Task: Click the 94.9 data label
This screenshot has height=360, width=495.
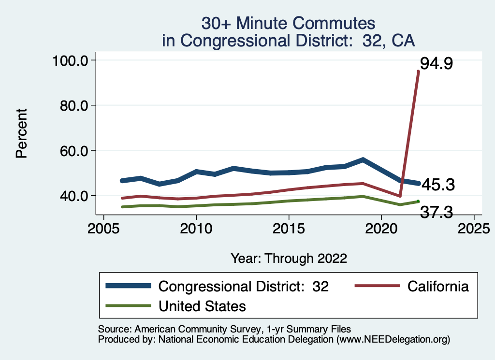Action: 436,63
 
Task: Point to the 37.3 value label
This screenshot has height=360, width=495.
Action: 437,212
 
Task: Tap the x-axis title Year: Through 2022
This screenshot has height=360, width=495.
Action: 289,258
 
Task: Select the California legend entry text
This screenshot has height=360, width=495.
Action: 438,286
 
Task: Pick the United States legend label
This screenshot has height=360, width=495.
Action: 202,306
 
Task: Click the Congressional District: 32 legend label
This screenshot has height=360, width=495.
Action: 244,286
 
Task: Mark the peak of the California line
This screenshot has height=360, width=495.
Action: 418,72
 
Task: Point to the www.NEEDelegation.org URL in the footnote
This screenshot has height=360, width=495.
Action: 393,340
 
